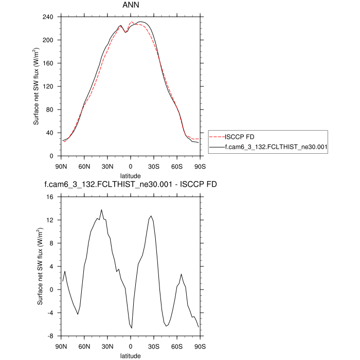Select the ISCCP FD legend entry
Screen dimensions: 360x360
click(239, 137)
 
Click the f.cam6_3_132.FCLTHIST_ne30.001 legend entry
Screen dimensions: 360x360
click(269, 148)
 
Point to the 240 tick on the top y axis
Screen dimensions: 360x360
click(48, 17)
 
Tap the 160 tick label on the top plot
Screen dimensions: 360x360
click(48, 63)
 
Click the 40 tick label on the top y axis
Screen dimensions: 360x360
click(50, 133)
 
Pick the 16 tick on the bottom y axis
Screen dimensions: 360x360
click(50, 197)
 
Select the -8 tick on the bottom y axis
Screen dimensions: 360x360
click(50, 336)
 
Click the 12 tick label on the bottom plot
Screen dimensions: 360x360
click(50, 220)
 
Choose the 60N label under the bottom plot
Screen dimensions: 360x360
click(84, 346)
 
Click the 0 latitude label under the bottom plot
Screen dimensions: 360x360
click(131, 346)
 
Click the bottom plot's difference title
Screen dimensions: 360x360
click(131, 184)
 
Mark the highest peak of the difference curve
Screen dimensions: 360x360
click(101, 210)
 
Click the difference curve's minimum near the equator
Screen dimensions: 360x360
click(132, 328)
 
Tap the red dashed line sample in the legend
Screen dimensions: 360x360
click(218, 137)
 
